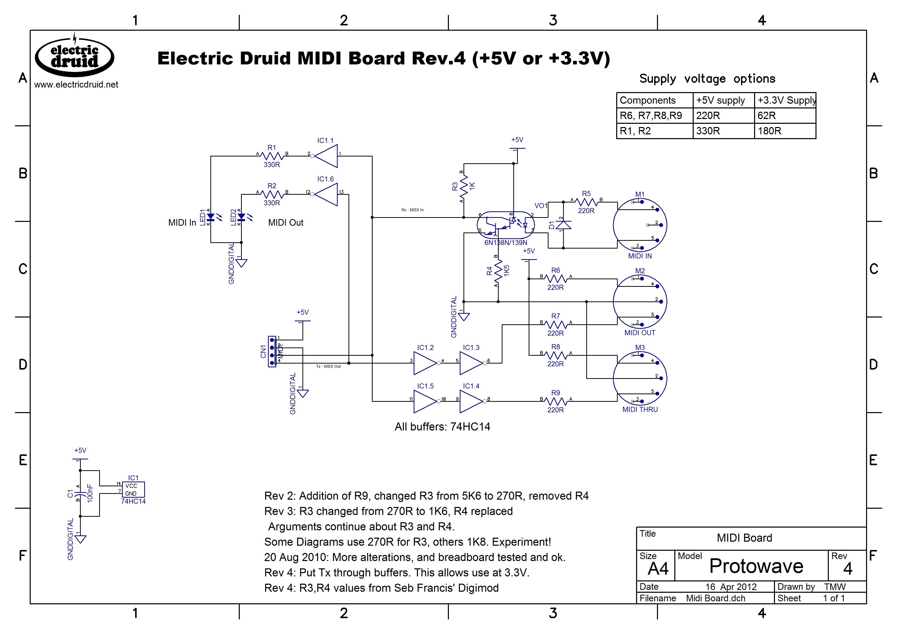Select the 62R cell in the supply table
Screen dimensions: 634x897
785,116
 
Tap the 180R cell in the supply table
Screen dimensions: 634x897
785,131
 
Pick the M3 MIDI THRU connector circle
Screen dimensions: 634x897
640,378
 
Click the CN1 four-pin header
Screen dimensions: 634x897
272,351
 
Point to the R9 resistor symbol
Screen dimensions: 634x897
556,401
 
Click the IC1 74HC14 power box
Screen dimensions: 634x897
133,490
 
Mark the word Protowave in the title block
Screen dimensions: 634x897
756,566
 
